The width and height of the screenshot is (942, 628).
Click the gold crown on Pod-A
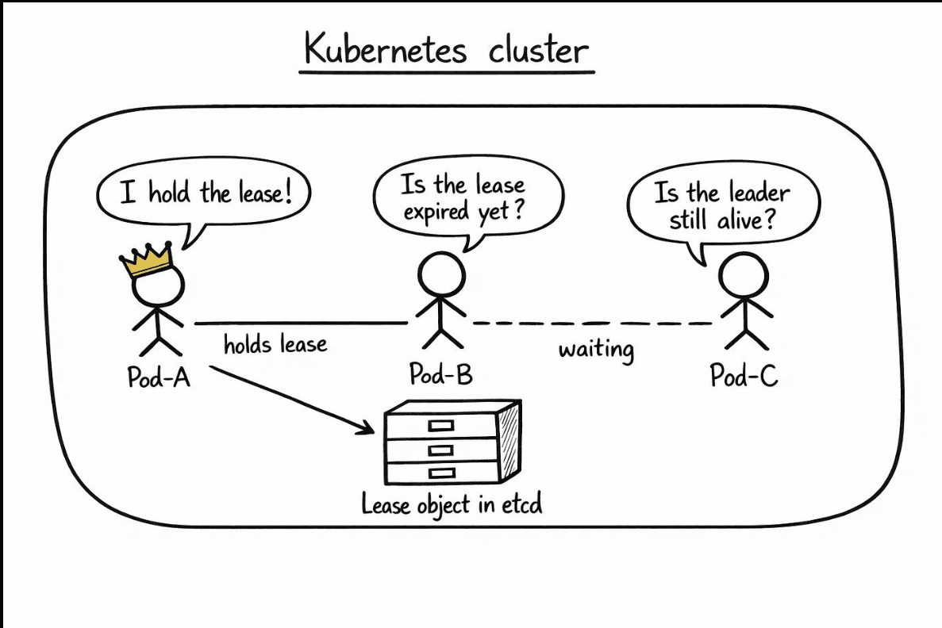click(x=147, y=259)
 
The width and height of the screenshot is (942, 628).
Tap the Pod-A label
click(x=159, y=377)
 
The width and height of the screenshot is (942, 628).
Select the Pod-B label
click(x=441, y=373)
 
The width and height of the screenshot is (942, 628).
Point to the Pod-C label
click(x=744, y=375)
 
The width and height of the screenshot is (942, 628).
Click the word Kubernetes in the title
click(x=385, y=48)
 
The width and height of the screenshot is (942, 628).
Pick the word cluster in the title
click(x=538, y=49)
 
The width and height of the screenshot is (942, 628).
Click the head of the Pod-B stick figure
click(x=441, y=275)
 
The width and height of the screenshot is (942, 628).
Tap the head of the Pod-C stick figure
click(x=744, y=276)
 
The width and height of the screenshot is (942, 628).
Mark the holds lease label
click(x=275, y=345)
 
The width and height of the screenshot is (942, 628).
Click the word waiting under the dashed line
click(x=596, y=350)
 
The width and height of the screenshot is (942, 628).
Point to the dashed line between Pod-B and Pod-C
click(x=592, y=324)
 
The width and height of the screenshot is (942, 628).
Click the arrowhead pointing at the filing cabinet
click(x=365, y=427)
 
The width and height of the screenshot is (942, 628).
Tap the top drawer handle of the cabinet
click(x=441, y=426)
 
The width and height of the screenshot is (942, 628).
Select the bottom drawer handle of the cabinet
click(x=441, y=473)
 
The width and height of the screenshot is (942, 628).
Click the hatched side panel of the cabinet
click(x=509, y=441)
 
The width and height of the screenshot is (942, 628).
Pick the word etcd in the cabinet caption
click(x=522, y=504)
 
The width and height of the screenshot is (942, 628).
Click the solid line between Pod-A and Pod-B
click(x=301, y=323)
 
